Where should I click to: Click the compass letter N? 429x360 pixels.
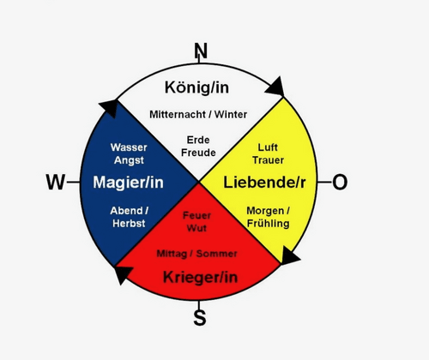pyautogui.click(x=201, y=51)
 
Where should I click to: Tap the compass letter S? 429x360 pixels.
pyautogui.click(x=200, y=317)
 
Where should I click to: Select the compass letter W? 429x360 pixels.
pyautogui.click(x=56, y=182)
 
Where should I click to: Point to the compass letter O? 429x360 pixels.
pyautogui.click(x=340, y=182)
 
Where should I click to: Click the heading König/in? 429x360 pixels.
pyautogui.click(x=196, y=87)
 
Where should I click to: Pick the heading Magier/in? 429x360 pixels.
pyautogui.click(x=128, y=182)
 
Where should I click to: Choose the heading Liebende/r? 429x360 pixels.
pyautogui.click(x=264, y=182)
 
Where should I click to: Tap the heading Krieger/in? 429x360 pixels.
pyautogui.click(x=200, y=277)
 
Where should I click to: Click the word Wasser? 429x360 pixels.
pyautogui.click(x=129, y=147)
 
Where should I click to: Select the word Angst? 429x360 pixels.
pyautogui.click(x=129, y=160)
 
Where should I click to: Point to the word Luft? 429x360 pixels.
pyautogui.click(x=268, y=147)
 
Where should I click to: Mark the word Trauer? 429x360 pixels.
pyautogui.click(x=268, y=160)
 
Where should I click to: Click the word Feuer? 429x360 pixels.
pyautogui.click(x=196, y=215)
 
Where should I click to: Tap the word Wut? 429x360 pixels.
pyautogui.click(x=196, y=228)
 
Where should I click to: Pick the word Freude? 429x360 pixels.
pyautogui.click(x=198, y=153)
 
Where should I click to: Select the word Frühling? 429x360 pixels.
pyautogui.click(x=268, y=224)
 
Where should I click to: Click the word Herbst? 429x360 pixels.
pyautogui.click(x=129, y=223)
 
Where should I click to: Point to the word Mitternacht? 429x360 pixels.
pyautogui.click(x=178, y=115)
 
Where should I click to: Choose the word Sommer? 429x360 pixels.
pyautogui.click(x=217, y=254)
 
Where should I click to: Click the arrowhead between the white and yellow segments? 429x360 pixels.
pyautogui.click(x=275, y=87)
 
